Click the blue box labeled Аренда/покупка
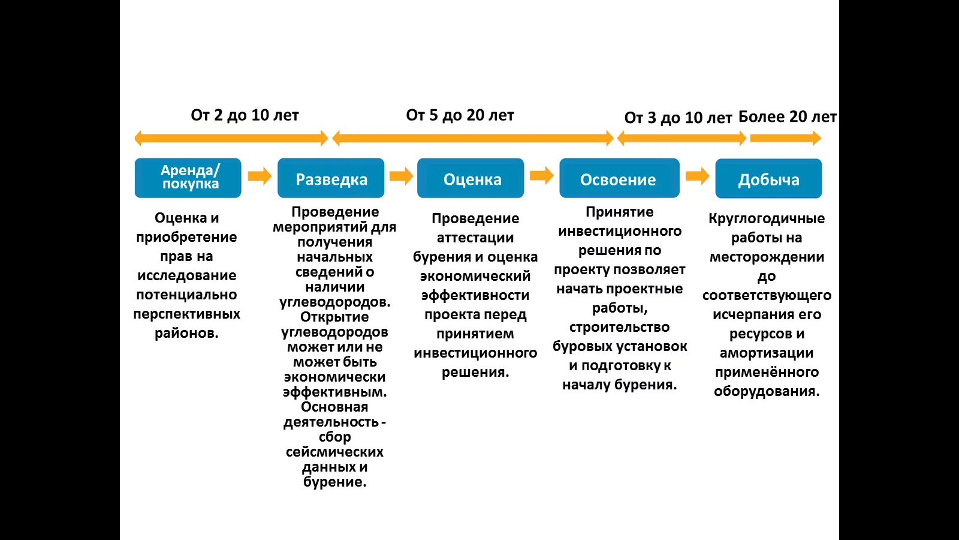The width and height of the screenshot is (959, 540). pos(188,178)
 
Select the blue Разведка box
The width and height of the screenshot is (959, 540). pos(331,178)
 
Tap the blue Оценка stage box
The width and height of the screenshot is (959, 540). pos(471,178)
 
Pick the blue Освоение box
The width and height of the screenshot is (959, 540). pos(620,178)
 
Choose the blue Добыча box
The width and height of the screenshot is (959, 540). pos(768,178)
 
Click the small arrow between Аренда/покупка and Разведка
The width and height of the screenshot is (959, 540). pos(260,176)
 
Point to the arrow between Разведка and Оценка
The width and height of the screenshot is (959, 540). pos(401,176)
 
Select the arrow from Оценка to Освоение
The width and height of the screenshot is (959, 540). pos(542,175)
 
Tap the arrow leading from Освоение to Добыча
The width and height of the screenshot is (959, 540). pos(698,176)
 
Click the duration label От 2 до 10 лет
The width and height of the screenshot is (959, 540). pos(245,115)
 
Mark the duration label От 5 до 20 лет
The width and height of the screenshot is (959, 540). pos(460,115)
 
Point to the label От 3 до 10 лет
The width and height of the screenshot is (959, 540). pos(678,118)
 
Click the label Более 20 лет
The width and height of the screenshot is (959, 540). pos(788,116)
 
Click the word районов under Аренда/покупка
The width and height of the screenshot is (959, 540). pos(186,333)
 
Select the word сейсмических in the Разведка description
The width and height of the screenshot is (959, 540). pos(335,452)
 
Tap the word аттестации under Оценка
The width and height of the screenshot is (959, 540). pos(475,238)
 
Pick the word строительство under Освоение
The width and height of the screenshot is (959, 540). pos(620,327)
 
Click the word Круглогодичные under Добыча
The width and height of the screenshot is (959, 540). pos(767,218)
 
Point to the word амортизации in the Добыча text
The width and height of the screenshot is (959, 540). pos(767,353)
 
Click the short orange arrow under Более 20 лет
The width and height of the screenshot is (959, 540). pos(786,138)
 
